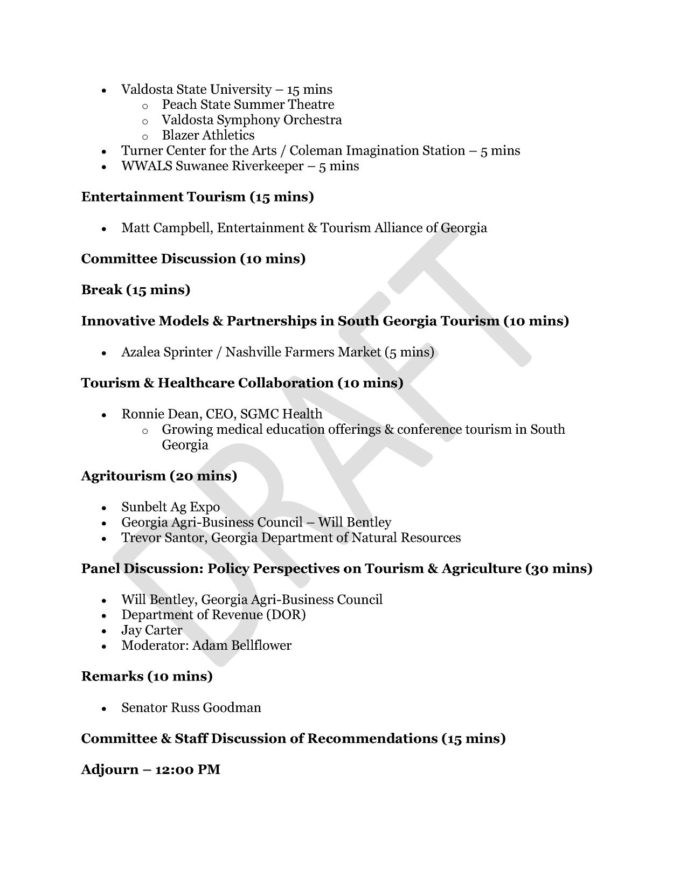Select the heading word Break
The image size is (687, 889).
pyautogui.click(x=102, y=290)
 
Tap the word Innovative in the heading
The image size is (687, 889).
pyautogui.click(x=117, y=321)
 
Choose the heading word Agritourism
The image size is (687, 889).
pyautogui.click(x=123, y=476)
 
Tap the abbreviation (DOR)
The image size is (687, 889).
pyautogui.click(x=286, y=615)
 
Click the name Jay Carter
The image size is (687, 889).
pyautogui.click(x=151, y=630)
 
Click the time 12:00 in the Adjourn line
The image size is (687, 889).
pyautogui.click(x=174, y=770)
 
